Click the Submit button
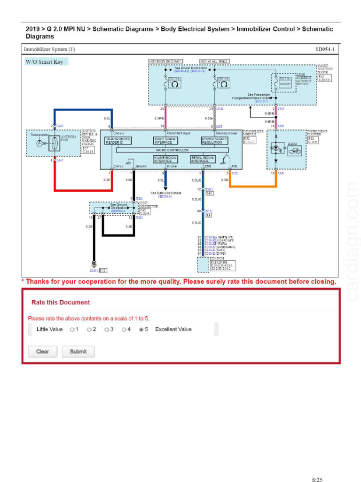[x=78, y=351]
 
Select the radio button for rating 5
[x=141, y=329]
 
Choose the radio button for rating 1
[x=72, y=329]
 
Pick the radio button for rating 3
[x=107, y=329]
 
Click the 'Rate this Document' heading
[x=60, y=302]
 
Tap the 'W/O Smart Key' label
[x=47, y=62]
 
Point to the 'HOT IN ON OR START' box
[x=165, y=61]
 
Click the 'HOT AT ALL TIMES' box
[x=214, y=61]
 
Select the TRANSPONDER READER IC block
[x=118, y=140]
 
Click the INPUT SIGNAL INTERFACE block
[x=166, y=140]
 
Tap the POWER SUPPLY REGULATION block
[x=215, y=140]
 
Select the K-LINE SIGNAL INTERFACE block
[x=165, y=159]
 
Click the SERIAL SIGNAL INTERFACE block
[x=203, y=159]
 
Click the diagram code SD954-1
[x=324, y=49]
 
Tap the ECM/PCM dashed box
[x=203, y=265]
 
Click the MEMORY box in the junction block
[x=285, y=84]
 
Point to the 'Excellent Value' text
[x=173, y=329]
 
